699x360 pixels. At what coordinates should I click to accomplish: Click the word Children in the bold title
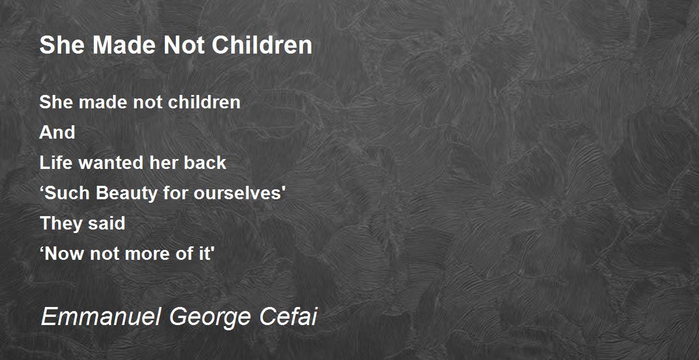click(262, 45)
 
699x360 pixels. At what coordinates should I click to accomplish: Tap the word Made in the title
click(124, 45)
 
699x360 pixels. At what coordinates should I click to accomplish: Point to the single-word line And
click(57, 132)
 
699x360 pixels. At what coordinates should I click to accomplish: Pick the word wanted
click(111, 163)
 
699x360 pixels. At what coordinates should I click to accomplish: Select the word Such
click(68, 193)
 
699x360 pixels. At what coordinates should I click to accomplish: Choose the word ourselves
click(238, 193)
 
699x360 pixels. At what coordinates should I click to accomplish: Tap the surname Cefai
click(288, 316)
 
